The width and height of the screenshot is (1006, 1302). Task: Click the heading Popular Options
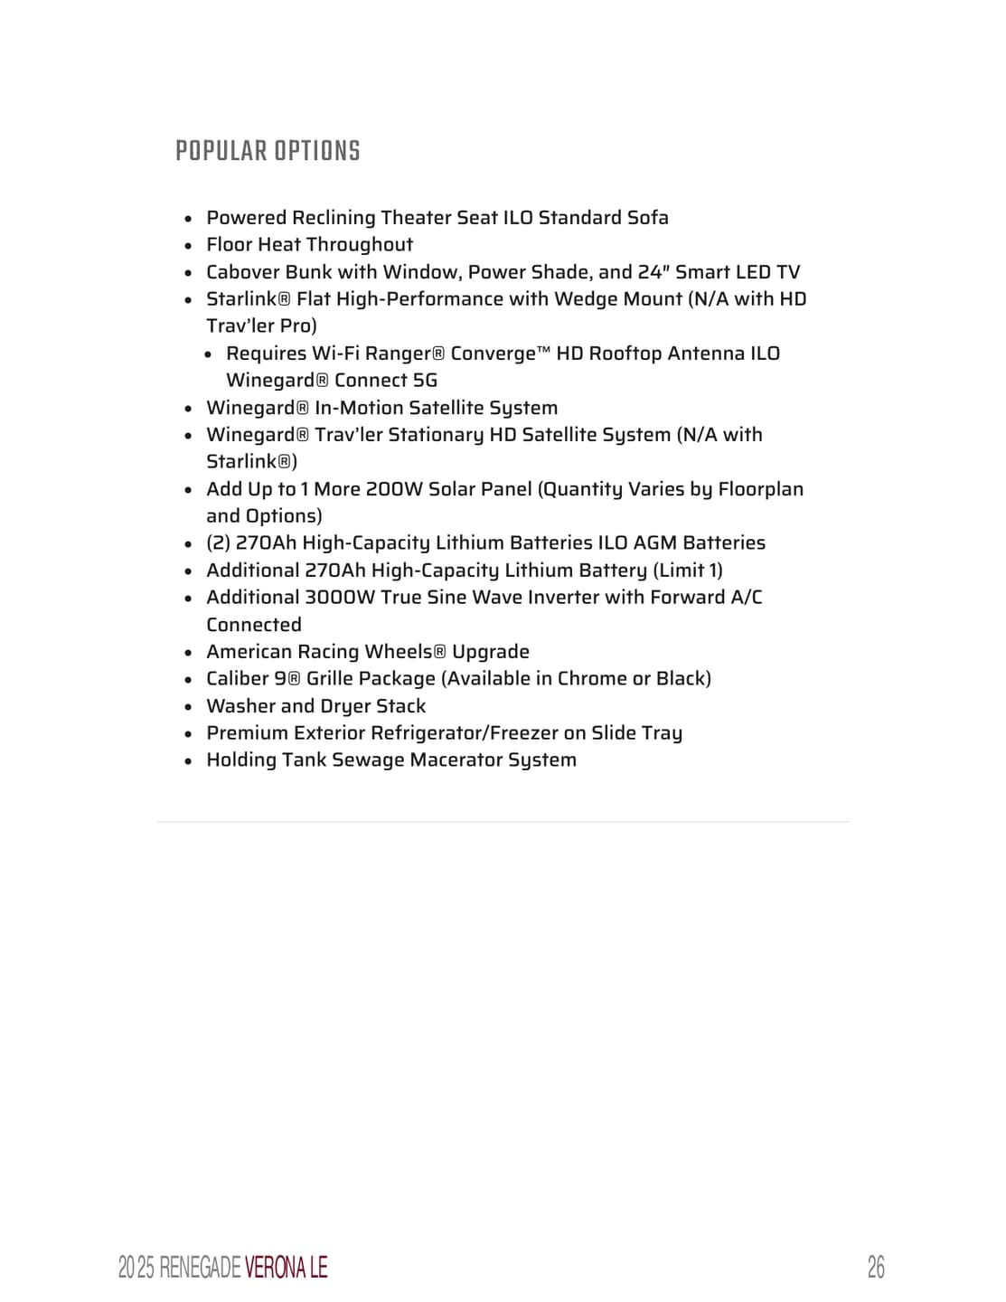pyautogui.click(x=268, y=151)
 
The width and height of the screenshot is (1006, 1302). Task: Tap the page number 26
pyautogui.click(x=875, y=1267)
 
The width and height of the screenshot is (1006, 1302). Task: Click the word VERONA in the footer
pyautogui.click(x=275, y=1268)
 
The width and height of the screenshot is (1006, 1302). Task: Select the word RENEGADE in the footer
pyautogui.click(x=201, y=1268)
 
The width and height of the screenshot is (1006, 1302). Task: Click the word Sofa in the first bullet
pyautogui.click(x=648, y=218)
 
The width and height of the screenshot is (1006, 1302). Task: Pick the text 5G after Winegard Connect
pyautogui.click(x=425, y=381)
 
